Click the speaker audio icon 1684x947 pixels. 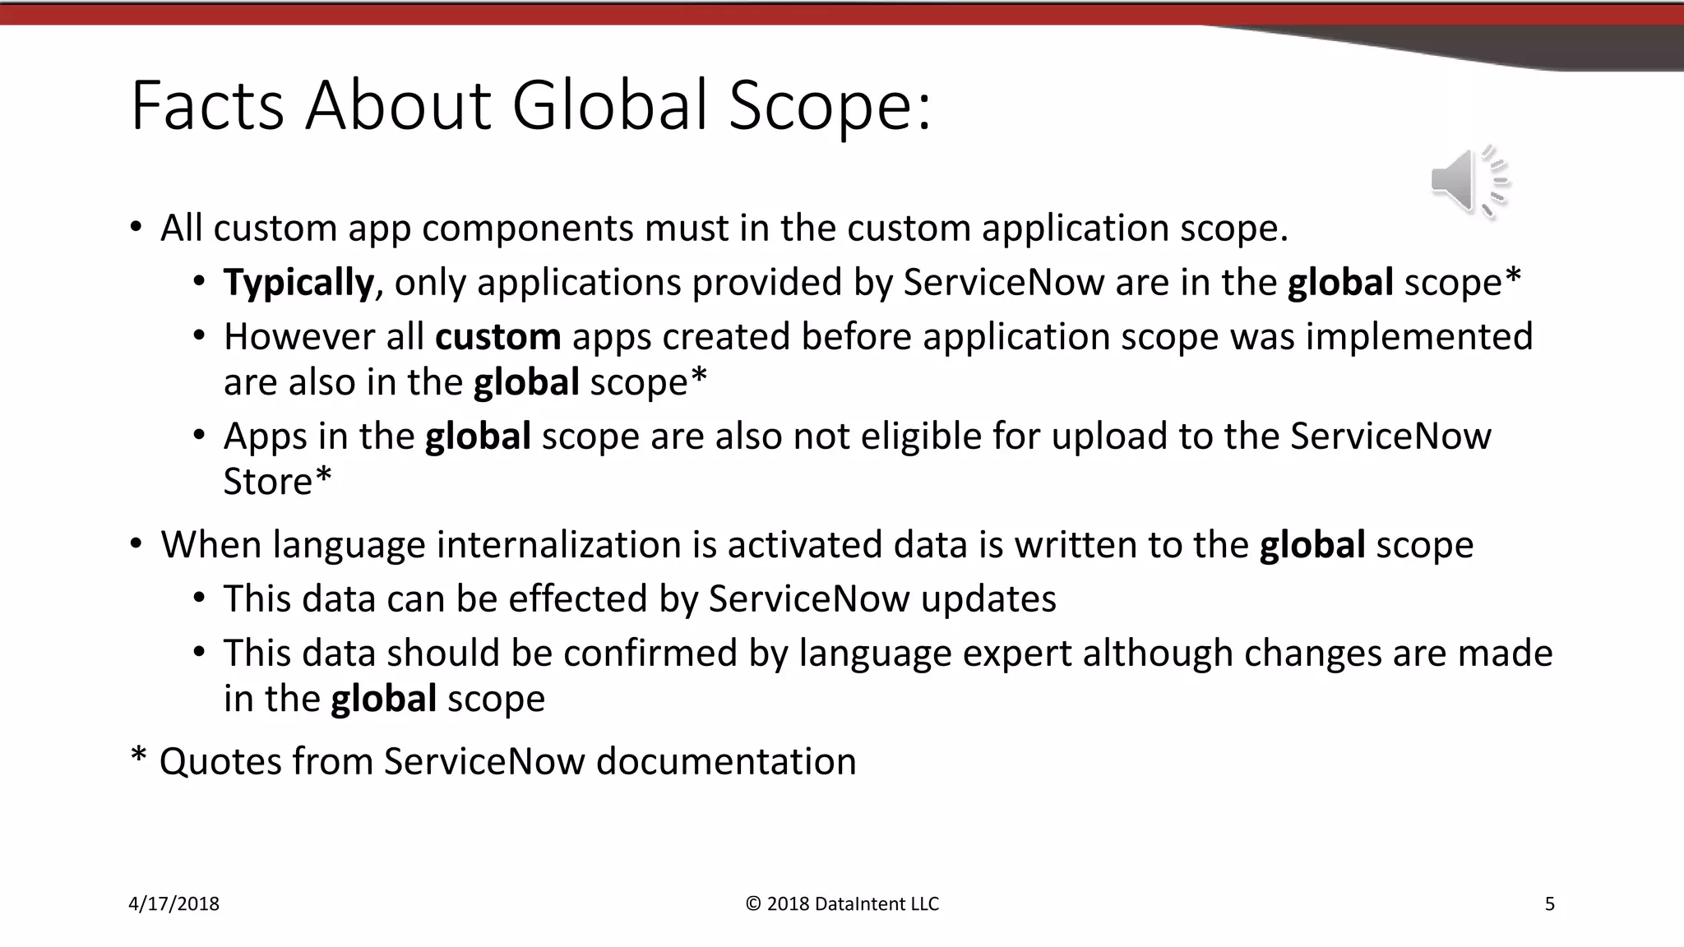point(1469,182)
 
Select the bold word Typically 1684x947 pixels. point(298,282)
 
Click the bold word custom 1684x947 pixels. point(497,336)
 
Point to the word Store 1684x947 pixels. point(268,481)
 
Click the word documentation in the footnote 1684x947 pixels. point(726,761)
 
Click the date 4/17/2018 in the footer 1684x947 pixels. point(174,904)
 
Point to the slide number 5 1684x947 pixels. point(1550,904)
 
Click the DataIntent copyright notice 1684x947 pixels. point(842,904)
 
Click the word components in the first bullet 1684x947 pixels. point(527,228)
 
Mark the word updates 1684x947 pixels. point(988,598)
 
